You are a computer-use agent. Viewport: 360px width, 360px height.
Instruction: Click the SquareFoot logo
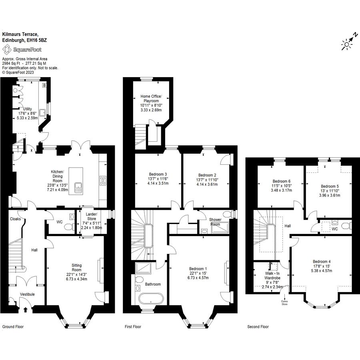pos(22,50)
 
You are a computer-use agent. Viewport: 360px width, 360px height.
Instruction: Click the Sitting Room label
pos(76,268)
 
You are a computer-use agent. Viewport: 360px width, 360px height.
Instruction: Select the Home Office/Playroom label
pos(151,98)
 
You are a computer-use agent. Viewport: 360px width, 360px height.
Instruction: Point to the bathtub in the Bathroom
pos(151,299)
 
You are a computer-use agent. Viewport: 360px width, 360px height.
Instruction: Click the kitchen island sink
pos(78,188)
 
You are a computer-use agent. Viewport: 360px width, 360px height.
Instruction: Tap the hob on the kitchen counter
pos(103,180)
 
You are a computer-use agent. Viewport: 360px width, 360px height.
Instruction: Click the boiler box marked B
pos(44,86)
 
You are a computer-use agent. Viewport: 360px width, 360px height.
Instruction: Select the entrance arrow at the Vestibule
pos(25,310)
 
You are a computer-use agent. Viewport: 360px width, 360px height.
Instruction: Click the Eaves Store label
pos(284,303)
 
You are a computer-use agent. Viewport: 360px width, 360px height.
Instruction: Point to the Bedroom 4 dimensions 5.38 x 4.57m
pos(322,271)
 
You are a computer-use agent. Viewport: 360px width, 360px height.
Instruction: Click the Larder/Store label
pos(91,216)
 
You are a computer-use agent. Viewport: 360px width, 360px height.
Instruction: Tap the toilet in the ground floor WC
pos(69,227)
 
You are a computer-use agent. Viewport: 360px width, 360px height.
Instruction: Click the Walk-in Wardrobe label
pos(272,276)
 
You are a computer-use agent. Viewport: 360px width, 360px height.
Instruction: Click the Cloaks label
pos(15,219)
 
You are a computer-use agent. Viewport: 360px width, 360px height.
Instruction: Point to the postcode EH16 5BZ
pos(36,40)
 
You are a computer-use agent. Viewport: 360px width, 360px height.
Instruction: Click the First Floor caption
pos(133,326)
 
